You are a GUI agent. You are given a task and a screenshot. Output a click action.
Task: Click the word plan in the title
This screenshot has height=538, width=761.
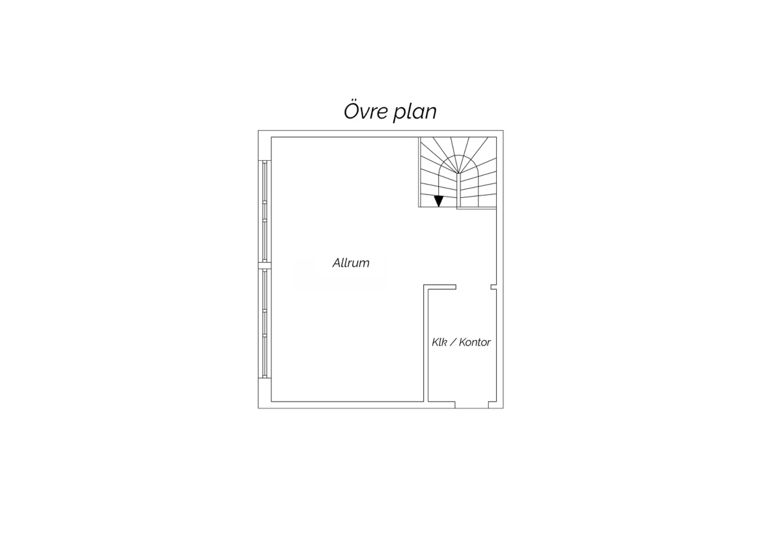coord(415,113)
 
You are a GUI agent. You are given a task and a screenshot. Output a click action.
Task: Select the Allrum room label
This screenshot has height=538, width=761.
coord(351,263)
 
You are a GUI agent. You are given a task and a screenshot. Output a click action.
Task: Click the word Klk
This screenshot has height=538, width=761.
coord(439,342)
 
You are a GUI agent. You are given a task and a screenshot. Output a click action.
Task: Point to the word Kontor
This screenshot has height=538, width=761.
coord(474,342)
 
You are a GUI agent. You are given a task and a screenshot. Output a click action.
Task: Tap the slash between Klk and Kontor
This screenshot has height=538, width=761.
coord(453,342)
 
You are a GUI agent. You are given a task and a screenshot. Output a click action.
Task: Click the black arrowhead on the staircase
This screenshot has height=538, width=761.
coord(439,201)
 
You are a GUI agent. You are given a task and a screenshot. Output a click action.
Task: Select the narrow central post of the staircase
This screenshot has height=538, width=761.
coord(458,190)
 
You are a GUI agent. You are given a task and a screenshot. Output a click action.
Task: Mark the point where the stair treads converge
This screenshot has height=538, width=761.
coord(458,174)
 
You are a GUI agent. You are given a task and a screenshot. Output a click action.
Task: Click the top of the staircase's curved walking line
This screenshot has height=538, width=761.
coord(459,155)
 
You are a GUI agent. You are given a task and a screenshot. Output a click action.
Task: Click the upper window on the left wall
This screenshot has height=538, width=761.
coord(265,212)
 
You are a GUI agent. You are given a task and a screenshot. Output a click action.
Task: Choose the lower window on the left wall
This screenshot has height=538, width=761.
coord(265,323)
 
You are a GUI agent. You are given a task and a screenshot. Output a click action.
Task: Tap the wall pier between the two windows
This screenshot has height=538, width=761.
coord(265,266)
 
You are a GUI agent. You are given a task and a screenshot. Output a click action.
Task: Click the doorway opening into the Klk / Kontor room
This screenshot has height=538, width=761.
coord(473,287)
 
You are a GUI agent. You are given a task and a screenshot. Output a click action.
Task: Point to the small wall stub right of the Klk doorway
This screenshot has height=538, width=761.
coord(494,287)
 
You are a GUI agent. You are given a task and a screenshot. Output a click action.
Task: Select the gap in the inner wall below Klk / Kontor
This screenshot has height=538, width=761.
coord(471,405)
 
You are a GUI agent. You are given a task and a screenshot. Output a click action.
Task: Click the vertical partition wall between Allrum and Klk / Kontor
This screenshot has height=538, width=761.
coord(426,343)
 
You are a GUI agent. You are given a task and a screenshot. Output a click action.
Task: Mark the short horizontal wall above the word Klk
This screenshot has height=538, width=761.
coord(440,287)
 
